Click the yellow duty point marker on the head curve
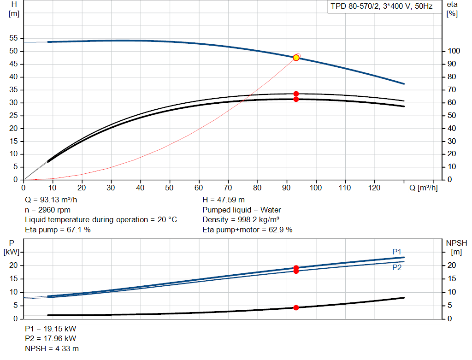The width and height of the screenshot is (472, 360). [296, 58]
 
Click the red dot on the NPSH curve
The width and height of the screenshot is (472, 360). [296, 307]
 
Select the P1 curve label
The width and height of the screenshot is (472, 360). [397, 252]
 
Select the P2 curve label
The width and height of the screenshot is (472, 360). [397, 268]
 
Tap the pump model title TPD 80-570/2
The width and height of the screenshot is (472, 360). [355, 6]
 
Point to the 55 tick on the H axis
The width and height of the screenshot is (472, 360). [13, 38]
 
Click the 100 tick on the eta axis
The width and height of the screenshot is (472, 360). [454, 51]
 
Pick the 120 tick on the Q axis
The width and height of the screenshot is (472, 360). [374, 188]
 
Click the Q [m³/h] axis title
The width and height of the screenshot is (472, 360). [423, 188]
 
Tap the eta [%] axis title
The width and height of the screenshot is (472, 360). [452, 9]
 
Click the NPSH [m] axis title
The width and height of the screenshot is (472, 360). [456, 248]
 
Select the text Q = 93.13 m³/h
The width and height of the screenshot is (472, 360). [51, 200]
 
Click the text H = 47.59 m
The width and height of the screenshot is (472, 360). [224, 200]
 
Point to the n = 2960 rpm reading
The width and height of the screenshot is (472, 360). [47, 210]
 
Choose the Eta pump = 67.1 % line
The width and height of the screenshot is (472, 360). [58, 230]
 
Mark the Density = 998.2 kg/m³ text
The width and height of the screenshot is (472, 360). [241, 220]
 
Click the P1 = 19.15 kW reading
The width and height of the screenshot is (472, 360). [51, 329]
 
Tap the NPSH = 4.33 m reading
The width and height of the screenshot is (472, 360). [52, 348]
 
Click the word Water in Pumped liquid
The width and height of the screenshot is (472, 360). [271, 210]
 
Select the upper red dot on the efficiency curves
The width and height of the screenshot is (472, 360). [296, 94]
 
